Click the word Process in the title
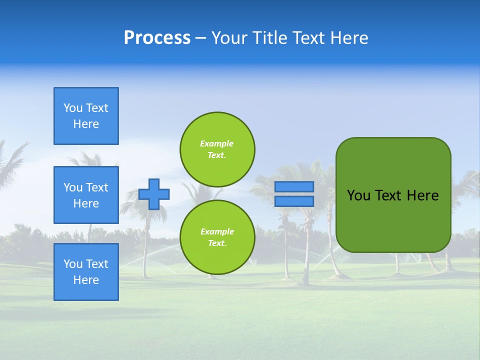[157, 38]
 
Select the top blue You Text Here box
[86, 116]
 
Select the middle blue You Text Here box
[86, 195]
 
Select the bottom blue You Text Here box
[86, 272]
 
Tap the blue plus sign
[154, 194]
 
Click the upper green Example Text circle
[217, 149]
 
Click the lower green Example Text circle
[217, 237]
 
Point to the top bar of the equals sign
[294, 186]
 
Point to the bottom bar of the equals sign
[294, 201]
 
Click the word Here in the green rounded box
[422, 195]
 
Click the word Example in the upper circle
[217, 143]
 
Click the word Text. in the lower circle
[217, 243]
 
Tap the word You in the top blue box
[73, 108]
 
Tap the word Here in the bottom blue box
[86, 280]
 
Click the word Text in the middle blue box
[97, 187]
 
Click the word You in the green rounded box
[358, 195]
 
